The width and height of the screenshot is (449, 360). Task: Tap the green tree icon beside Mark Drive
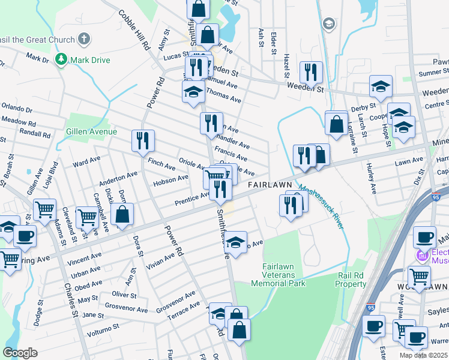tap(61, 59)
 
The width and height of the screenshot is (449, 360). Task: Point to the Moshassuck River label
tap(321, 206)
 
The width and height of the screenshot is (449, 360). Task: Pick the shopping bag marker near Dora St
tap(122, 215)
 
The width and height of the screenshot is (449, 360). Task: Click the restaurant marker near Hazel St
tap(310, 72)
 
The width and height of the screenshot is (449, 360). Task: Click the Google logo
tap(20, 352)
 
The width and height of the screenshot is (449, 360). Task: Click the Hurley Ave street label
tap(372, 180)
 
